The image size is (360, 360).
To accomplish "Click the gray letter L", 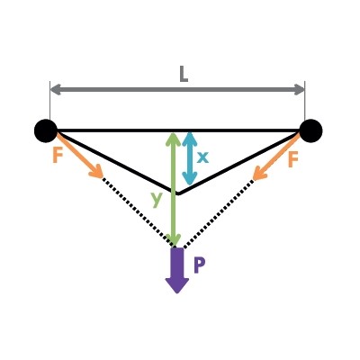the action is coord(184,75).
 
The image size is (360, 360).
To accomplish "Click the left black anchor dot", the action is coord(46,130).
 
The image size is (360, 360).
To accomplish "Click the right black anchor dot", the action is coord(310,130).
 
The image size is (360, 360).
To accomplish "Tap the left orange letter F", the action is coord(58,156).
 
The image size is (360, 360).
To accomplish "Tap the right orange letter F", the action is coord(293,159).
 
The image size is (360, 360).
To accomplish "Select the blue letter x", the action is coord(202,157).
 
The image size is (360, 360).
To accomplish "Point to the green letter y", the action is coord(157,199).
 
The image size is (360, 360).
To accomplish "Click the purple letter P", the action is coord(200,265).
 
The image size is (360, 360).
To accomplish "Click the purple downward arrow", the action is coord(177,270).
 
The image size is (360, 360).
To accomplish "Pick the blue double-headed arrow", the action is coord(190,158).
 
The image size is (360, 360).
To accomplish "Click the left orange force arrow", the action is coord(79,156).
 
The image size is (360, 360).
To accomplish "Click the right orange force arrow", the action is coord(276,157).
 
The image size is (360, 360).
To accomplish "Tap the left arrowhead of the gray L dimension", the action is coord(56,89).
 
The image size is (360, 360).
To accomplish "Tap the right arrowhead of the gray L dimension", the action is coord(299,89).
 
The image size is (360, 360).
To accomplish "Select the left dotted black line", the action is coord(138,212).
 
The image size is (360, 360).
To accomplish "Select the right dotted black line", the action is coord(218,213).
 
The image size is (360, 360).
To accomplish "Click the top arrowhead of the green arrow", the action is coord(174,139).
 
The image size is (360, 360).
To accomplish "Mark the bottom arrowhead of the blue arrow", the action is coord(190,178).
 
